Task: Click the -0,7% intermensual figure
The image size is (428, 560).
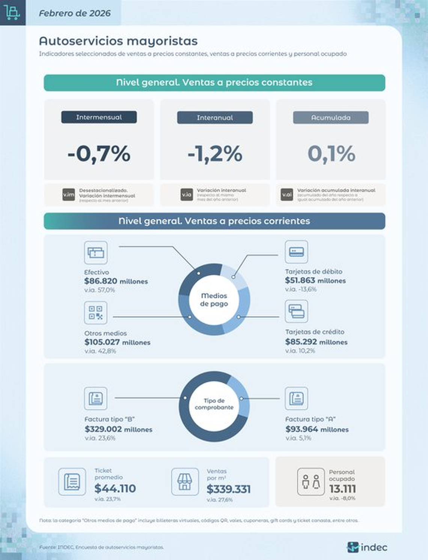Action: click(99, 154)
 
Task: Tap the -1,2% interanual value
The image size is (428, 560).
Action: click(215, 154)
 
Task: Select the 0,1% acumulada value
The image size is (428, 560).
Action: click(331, 154)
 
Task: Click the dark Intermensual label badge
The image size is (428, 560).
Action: click(99, 117)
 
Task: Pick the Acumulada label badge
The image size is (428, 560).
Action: click(331, 118)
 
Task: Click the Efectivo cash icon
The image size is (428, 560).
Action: click(96, 252)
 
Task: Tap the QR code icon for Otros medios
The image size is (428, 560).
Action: click(96, 312)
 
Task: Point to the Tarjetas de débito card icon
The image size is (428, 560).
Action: click(296, 252)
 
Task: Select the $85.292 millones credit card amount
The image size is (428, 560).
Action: click(316, 342)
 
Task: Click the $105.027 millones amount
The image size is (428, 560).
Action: click(117, 342)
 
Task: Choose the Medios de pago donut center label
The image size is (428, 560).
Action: click(214, 300)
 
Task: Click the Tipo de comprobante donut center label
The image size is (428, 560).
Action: click(214, 404)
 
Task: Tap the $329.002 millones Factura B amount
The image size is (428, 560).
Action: click(118, 429)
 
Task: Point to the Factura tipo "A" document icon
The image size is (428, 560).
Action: click(296, 398)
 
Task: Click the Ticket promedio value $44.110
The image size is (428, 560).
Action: click(115, 488)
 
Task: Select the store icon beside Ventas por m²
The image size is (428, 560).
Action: click(185, 482)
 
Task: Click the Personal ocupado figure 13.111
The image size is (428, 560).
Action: click(342, 489)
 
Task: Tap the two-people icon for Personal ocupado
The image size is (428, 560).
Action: click(311, 482)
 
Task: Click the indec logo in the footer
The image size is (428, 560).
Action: click(367, 547)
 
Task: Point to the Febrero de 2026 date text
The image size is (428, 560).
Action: click(75, 13)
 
